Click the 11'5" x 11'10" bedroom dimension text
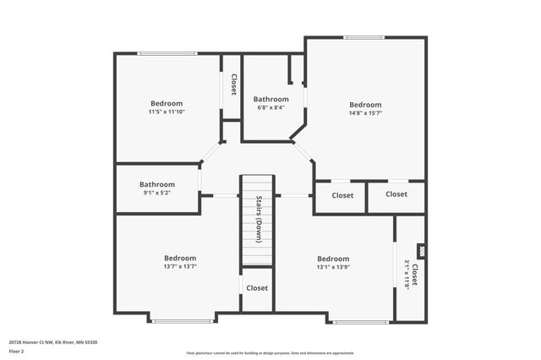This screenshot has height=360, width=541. [x=167, y=112]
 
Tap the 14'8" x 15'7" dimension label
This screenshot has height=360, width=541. [x=365, y=113]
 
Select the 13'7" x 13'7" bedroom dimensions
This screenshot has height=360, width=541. [x=179, y=266]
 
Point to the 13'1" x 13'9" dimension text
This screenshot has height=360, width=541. [x=332, y=267]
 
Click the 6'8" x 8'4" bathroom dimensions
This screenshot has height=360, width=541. [x=270, y=107]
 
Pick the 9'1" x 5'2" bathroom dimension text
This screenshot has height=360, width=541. [x=157, y=193]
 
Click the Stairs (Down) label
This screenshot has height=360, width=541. [x=259, y=220]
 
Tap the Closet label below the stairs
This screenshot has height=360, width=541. [x=257, y=288]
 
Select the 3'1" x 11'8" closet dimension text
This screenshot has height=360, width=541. [x=407, y=275]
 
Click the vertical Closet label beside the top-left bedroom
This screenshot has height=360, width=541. [x=233, y=85]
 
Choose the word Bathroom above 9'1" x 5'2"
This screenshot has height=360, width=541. [x=157, y=184]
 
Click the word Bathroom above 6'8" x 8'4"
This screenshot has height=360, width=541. [x=270, y=99]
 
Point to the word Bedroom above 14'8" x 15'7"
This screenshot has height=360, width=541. [x=365, y=105]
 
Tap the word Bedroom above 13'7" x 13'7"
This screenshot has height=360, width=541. [x=179, y=258]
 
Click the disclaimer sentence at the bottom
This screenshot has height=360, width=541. [x=270, y=353]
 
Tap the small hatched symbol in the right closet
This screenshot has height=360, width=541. [x=421, y=251]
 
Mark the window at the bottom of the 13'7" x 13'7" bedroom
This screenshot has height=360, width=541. [x=182, y=320]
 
